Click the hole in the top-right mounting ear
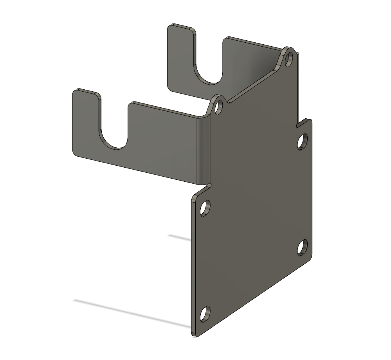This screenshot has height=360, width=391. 289,59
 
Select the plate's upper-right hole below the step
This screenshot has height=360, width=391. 303,141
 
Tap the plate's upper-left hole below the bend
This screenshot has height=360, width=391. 205,208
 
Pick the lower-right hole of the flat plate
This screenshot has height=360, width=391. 303,248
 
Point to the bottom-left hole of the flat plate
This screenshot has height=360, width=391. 205,314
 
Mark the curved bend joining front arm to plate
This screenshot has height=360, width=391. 204,149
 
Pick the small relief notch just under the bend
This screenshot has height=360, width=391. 209,184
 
